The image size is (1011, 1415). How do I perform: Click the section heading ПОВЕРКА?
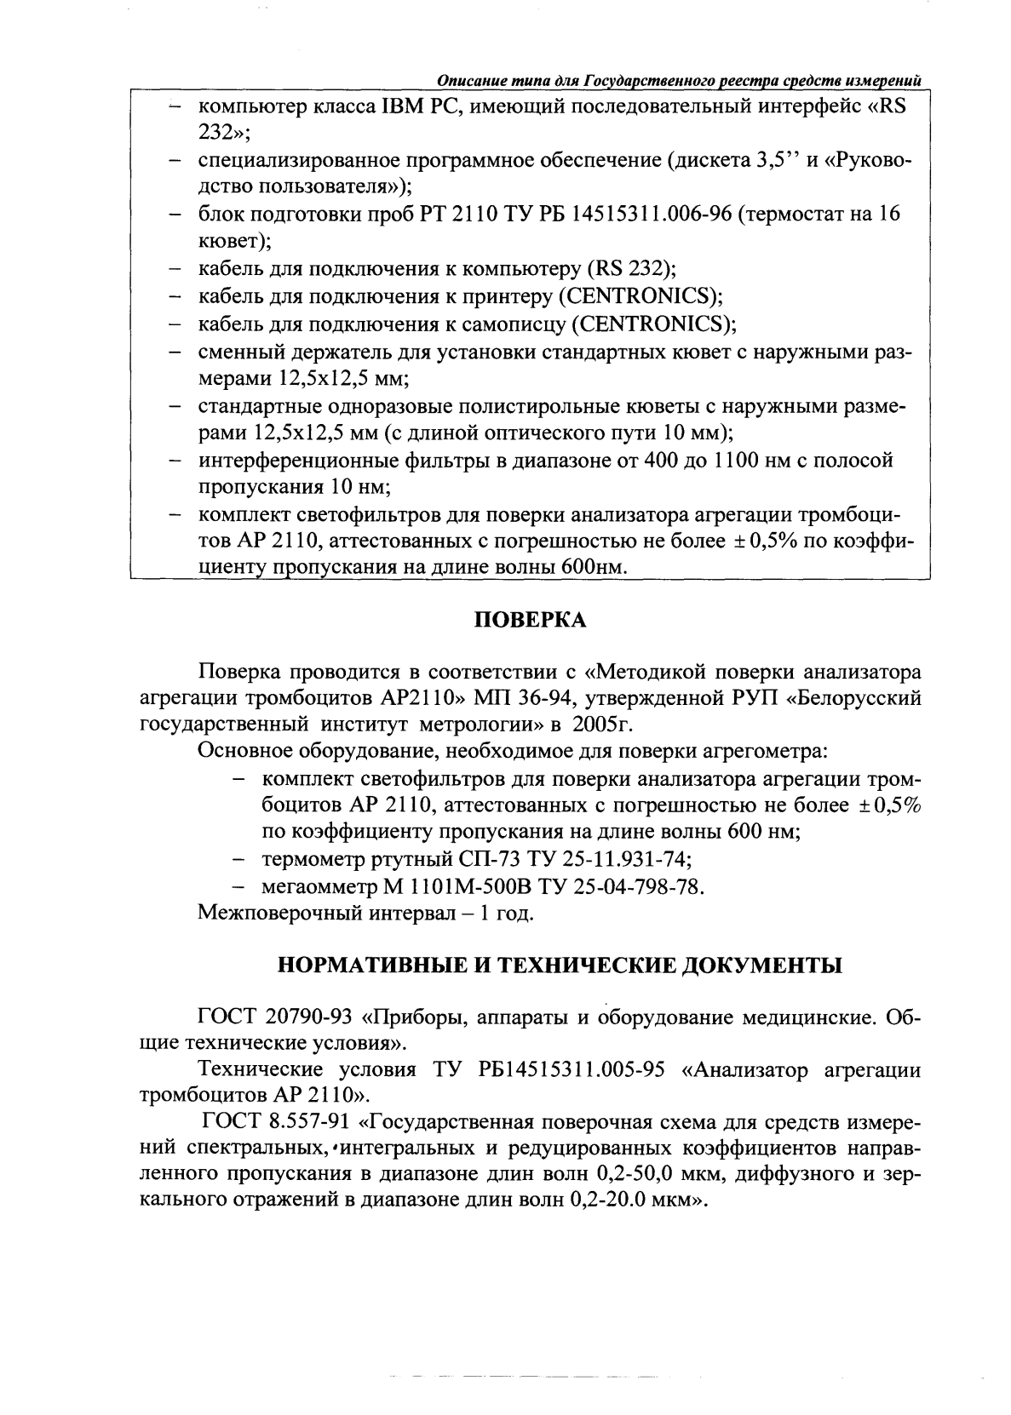tap(529, 621)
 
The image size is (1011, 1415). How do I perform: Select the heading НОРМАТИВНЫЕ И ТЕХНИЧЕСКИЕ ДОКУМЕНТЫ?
tap(561, 965)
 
